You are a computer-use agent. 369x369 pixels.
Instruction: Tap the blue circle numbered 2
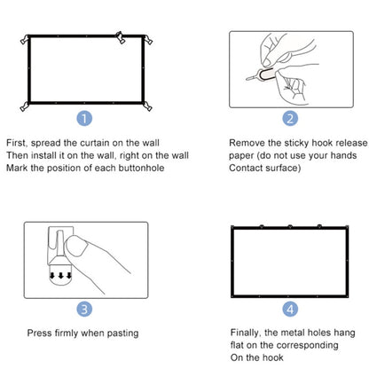pos(291,118)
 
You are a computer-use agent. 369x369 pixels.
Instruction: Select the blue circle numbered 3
pos(82,309)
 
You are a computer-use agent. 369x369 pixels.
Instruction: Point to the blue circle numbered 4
pos(291,309)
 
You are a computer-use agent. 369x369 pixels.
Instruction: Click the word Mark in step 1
pos(18,168)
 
